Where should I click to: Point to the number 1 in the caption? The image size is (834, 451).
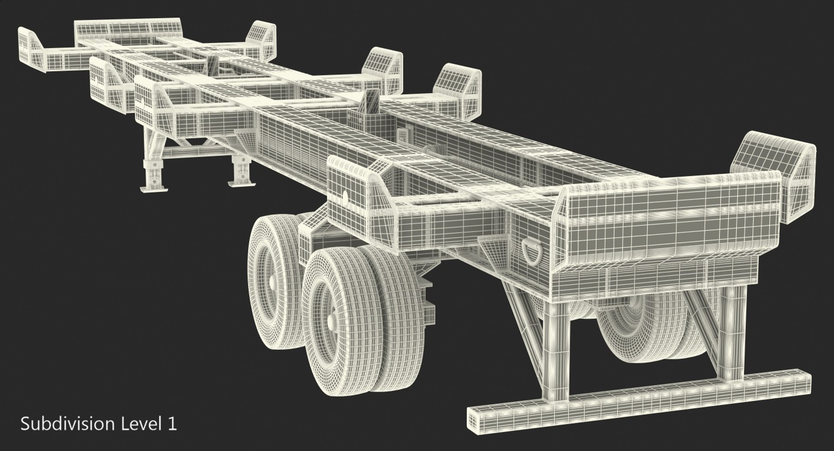point(172,424)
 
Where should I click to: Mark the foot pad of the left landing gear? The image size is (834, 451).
point(154,188)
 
